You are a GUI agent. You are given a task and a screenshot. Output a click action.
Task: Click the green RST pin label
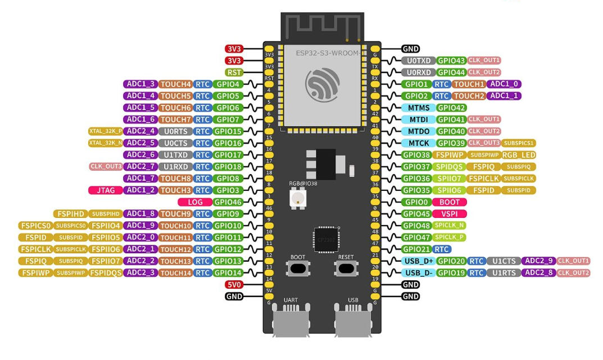234,72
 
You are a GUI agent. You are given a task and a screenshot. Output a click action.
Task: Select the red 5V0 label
234,285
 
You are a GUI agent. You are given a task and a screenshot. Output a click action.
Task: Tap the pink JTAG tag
105,190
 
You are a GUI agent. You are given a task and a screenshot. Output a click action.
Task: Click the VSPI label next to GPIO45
450,214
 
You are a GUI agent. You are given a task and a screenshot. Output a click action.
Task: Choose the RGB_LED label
519,155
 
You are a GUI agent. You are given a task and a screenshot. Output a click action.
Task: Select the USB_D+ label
418,261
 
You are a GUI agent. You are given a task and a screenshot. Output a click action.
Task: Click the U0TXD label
418,61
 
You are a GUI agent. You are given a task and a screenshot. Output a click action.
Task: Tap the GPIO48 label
416,226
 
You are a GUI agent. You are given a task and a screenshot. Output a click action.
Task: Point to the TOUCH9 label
175,214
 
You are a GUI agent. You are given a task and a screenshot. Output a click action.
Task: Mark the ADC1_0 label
504,84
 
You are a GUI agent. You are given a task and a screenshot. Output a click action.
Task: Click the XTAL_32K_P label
105,131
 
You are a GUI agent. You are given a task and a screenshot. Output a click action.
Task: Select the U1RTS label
503,273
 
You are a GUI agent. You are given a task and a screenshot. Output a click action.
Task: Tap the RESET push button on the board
346,267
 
